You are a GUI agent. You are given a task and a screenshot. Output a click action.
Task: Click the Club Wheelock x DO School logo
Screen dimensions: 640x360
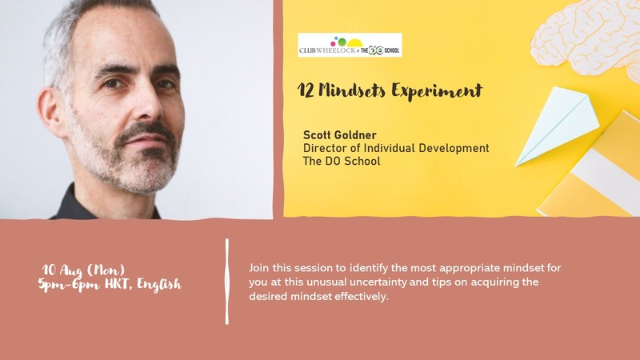[x=350, y=45]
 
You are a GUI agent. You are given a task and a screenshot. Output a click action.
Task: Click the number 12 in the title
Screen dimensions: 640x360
[x=306, y=90]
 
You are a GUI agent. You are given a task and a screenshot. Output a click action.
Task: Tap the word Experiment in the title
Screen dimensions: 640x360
[x=437, y=91]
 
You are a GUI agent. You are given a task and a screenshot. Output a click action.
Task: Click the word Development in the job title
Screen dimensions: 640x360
[x=454, y=149]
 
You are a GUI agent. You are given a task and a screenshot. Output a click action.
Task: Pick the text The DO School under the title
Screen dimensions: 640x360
[x=342, y=161]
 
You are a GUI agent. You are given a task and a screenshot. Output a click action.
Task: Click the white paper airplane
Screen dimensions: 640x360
[x=557, y=126]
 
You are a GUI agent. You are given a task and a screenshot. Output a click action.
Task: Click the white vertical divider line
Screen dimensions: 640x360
[x=227, y=282]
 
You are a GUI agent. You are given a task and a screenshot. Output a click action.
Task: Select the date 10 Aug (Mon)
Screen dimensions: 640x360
[x=84, y=270]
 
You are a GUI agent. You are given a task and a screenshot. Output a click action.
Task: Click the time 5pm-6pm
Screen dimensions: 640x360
[x=69, y=284]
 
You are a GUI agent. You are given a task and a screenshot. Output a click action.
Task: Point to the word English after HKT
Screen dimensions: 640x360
[x=158, y=285]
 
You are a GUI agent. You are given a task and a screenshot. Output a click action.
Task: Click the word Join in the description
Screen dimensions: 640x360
[x=259, y=268]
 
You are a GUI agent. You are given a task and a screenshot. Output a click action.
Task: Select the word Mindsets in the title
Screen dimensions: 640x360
[x=352, y=90]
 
